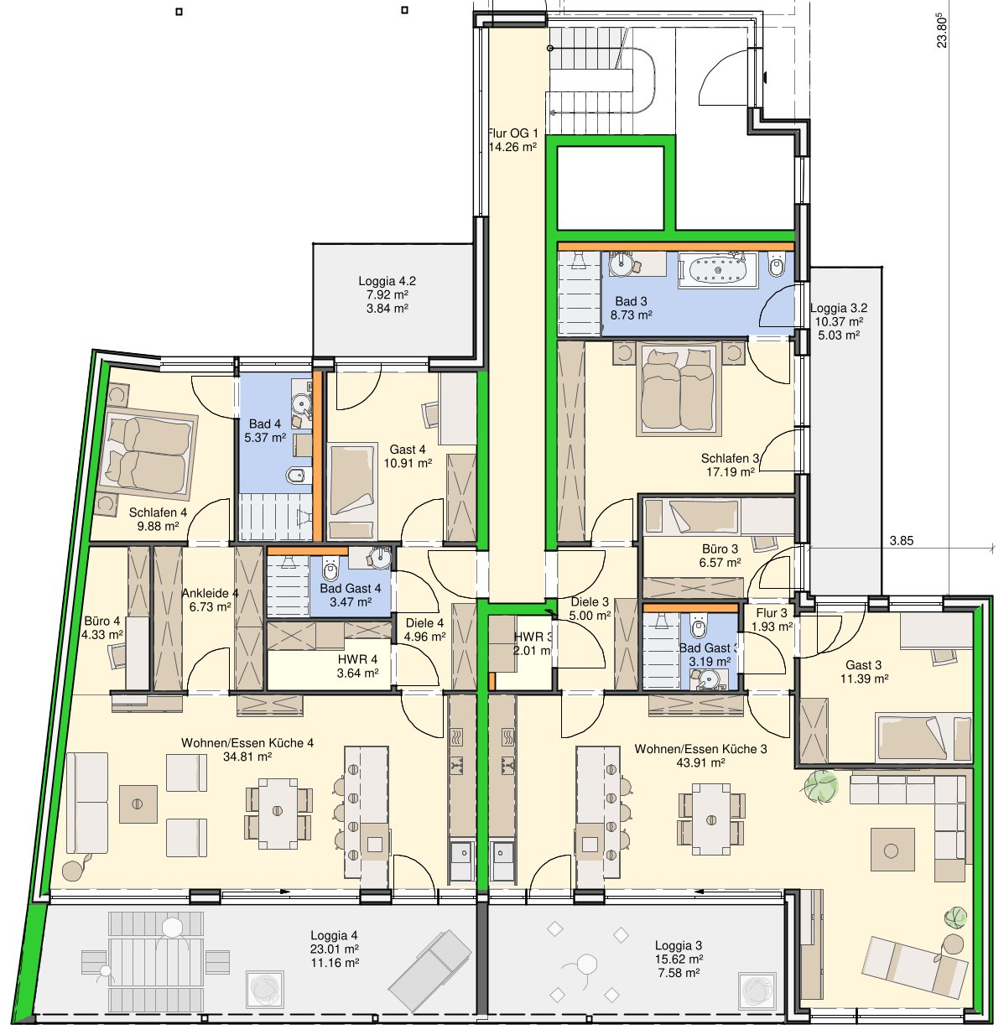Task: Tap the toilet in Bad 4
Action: click(x=298, y=475)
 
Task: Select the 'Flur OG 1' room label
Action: click(x=512, y=133)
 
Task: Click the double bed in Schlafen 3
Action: click(x=678, y=388)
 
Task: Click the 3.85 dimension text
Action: click(x=902, y=540)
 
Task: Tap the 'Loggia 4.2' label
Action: click(x=387, y=281)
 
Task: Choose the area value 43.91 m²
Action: click(x=701, y=762)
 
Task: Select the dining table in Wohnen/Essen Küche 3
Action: click(x=711, y=819)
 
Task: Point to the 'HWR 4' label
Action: click(x=357, y=659)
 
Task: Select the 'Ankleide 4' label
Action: click(x=210, y=593)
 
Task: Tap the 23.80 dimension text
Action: click(x=942, y=33)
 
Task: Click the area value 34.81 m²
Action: click(x=247, y=757)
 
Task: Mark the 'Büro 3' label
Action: click(x=720, y=549)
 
